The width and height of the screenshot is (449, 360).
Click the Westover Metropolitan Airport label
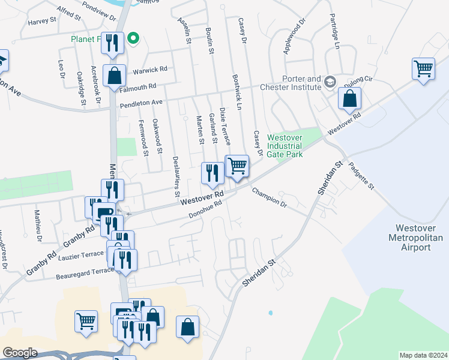419,238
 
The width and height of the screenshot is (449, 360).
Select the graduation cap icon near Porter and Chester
330,80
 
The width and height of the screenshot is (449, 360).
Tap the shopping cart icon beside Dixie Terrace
238,166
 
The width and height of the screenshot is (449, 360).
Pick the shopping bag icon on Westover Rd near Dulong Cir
349,98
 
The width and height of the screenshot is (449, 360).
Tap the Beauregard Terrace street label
85,273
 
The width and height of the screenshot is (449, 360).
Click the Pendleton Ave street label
141,104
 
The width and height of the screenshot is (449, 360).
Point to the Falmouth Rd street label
137,88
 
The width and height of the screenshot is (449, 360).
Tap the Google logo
20,353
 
